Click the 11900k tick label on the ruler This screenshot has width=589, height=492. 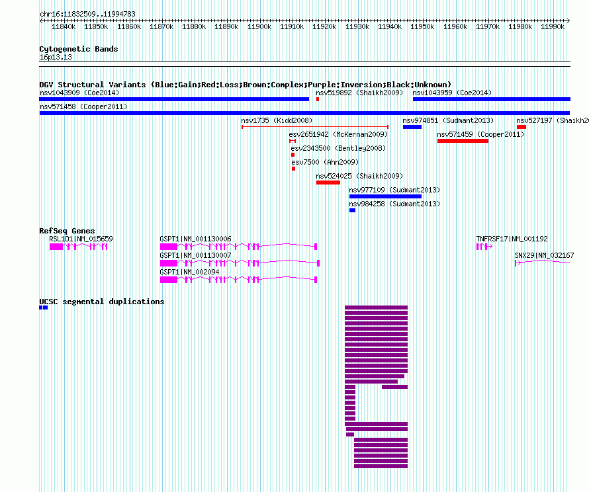coord(259,26)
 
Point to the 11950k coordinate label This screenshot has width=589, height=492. coord(422,26)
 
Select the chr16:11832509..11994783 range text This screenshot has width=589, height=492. coord(87,14)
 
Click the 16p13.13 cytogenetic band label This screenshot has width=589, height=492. coord(56,57)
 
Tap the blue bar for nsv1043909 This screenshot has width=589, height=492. coord(174,99)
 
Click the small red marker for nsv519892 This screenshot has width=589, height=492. coord(318,99)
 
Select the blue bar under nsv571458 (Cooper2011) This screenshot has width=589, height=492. coord(304,113)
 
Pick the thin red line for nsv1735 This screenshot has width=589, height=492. coord(315,127)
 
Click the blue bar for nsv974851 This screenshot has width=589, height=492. coord(412,127)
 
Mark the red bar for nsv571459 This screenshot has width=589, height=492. coord(463,141)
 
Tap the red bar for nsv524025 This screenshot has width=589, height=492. coord(328,183)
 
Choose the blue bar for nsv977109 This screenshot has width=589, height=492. coord(385,196)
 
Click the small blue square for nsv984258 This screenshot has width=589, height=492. coord(352,210)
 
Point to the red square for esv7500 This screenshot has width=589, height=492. coord(293,169)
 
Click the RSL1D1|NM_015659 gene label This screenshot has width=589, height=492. coord(81,239)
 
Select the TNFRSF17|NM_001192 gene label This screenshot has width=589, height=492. coord(512,239)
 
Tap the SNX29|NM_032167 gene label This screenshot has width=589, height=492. coord(544,255)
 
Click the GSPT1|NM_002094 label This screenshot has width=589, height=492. coord(189,272)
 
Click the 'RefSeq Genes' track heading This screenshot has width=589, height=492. coord(67,231)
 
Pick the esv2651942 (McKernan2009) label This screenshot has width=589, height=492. coord(338,134)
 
